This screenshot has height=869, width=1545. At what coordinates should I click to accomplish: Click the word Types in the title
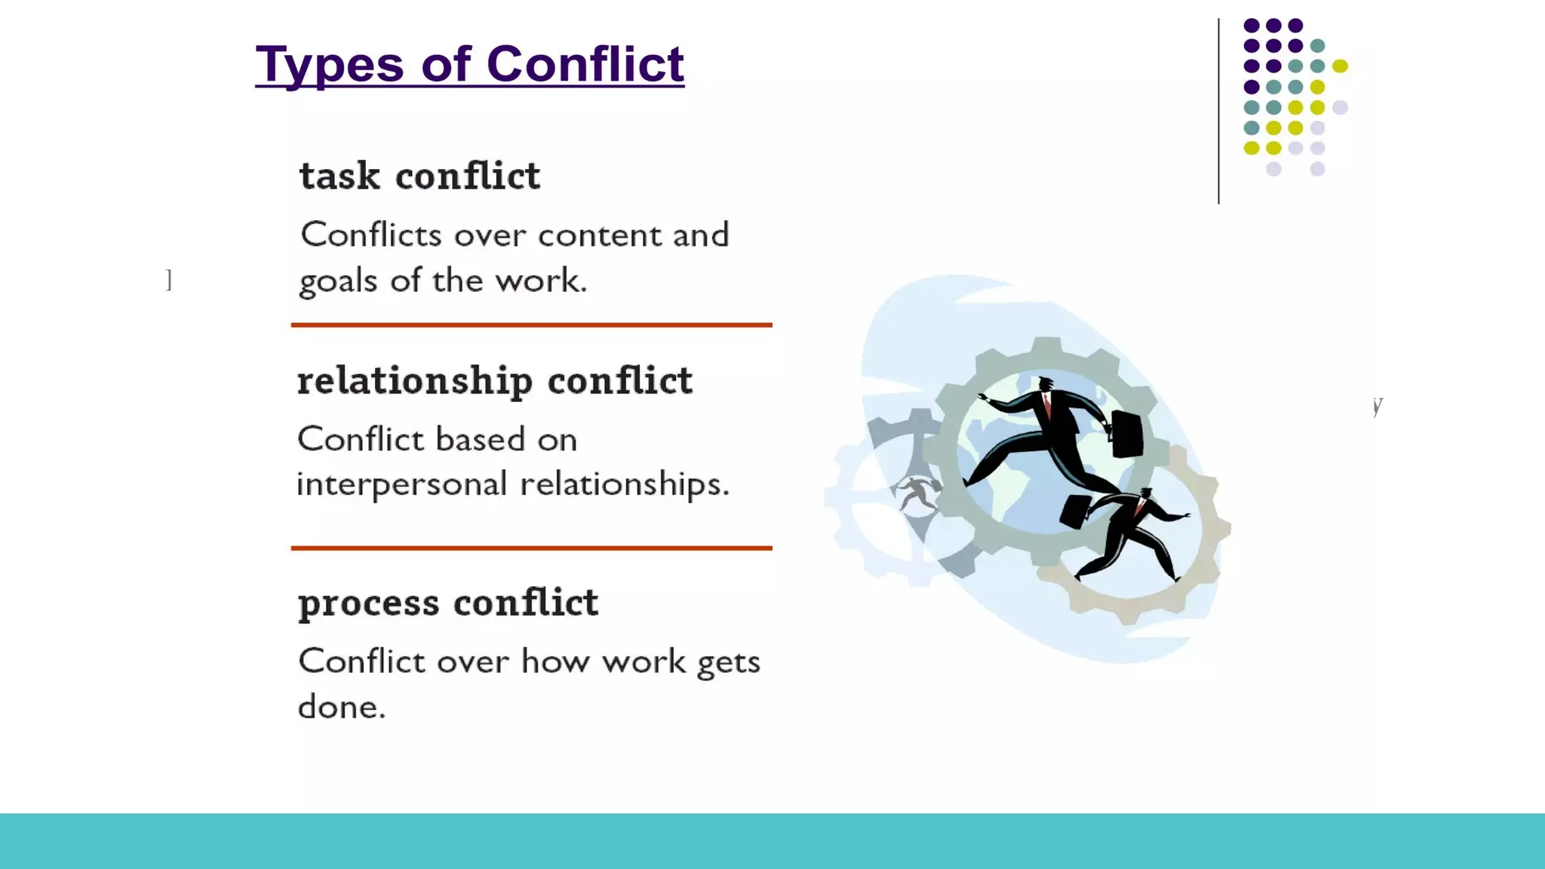[330, 65]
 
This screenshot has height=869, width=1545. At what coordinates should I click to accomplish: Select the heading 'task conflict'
[419, 176]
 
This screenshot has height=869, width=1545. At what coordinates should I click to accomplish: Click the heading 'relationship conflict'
[494, 380]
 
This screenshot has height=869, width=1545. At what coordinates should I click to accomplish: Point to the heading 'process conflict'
[448, 603]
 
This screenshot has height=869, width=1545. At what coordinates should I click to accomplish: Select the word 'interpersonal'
[401, 484]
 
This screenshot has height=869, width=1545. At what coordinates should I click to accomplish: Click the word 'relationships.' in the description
[625, 484]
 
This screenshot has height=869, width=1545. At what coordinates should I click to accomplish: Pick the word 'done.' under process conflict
[342, 708]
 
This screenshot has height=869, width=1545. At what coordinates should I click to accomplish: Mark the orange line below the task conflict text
[531, 325]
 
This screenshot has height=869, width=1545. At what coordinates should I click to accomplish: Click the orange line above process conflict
[531, 548]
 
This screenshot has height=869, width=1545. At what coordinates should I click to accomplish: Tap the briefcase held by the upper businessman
[1126, 434]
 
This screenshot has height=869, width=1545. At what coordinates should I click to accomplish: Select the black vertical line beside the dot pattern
[1218, 111]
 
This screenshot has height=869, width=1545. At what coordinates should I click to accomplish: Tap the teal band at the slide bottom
[772, 840]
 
